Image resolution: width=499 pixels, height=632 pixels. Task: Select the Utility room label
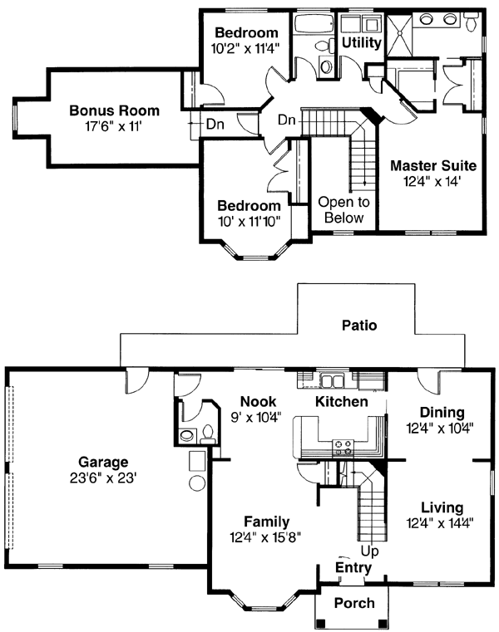coord(362,42)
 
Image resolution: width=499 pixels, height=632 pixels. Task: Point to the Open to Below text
coord(343,210)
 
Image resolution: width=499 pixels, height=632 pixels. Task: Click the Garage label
coord(103,463)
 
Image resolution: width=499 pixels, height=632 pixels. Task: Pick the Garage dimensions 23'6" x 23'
coord(103,478)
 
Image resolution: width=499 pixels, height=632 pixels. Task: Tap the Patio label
coord(358,326)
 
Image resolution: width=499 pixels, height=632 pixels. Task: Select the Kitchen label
coord(341,402)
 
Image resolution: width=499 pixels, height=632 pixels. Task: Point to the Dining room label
coord(442,413)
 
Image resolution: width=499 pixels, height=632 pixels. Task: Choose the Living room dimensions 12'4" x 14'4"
coord(442,522)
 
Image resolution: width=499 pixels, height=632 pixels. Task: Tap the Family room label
coord(266,522)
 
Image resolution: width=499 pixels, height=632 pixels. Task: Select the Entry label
coord(353,567)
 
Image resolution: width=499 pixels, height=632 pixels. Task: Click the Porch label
coord(354,604)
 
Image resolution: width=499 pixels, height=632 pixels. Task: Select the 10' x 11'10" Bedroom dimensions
coord(249,220)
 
